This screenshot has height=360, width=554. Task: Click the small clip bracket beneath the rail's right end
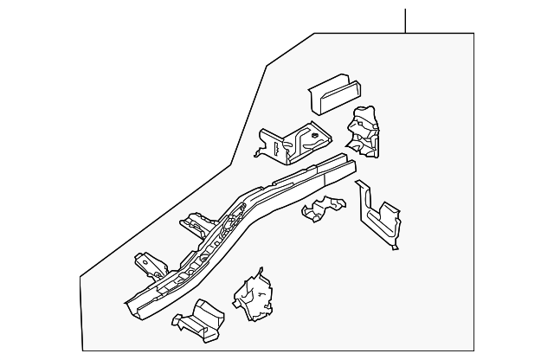(320, 210)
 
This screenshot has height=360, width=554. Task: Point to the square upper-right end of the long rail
(346, 164)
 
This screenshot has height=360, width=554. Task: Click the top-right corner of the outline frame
(473, 33)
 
